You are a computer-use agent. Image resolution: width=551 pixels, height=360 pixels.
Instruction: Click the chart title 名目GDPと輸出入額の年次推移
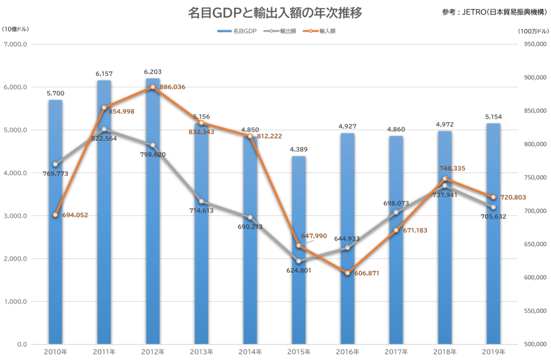pyautogui.click(x=275, y=13)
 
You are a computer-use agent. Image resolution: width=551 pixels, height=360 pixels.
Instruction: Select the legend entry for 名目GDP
pyautogui.click(x=237, y=31)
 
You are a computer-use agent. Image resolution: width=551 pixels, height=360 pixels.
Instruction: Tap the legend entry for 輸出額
pyautogui.click(x=280, y=31)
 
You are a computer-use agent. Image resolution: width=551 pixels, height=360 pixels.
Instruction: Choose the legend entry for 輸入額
pyautogui.click(x=319, y=31)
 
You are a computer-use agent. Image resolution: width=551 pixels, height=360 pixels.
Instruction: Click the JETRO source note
pyautogui.click(x=495, y=12)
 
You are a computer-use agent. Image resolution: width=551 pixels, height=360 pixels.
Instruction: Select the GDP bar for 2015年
pyautogui.click(x=299, y=250)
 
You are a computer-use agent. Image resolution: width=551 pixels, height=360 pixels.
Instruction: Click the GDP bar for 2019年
pyautogui.click(x=493, y=234)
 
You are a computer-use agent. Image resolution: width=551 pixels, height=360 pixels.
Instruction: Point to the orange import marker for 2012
pyautogui.click(x=152, y=87)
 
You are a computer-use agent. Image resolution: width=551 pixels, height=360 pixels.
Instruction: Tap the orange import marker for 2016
pyautogui.click(x=347, y=273)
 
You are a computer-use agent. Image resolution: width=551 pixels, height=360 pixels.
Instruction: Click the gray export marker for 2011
pyautogui.click(x=104, y=129)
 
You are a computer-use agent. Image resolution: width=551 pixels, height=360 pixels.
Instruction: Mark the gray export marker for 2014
pyautogui.click(x=250, y=217)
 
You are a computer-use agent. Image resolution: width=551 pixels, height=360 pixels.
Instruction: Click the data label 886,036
pyautogui.click(x=172, y=87)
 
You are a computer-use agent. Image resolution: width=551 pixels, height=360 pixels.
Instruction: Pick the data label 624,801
pyautogui.click(x=299, y=270)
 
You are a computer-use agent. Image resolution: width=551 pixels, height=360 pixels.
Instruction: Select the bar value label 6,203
pyautogui.click(x=153, y=72)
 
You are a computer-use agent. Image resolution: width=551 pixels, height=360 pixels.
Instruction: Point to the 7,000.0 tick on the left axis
pyautogui.click(x=15, y=44)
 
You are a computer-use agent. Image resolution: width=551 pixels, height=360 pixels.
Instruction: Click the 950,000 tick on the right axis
pyautogui.click(x=535, y=44)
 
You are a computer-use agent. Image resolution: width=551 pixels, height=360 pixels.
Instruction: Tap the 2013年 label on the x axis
pyautogui.click(x=201, y=351)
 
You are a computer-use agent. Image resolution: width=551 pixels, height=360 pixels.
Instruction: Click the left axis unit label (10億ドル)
pyautogui.click(x=15, y=29)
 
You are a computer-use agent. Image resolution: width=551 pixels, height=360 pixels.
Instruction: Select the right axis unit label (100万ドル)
pyautogui.click(x=533, y=31)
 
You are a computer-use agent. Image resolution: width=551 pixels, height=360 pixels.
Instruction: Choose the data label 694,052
pyautogui.click(x=75, y=215)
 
